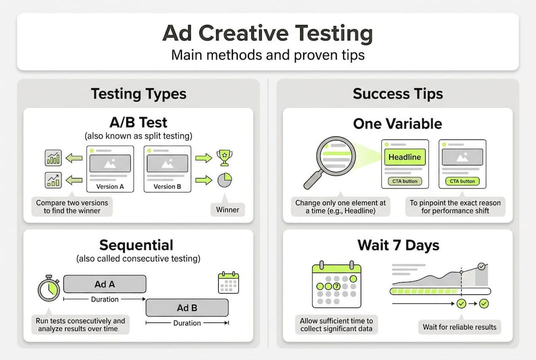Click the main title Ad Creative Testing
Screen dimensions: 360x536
pos(268,33)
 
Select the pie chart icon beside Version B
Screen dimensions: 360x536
pos(224,179)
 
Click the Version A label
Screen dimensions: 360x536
pos(110,186)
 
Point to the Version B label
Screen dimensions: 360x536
pos(167,186)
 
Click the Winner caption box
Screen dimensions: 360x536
pos(227,209)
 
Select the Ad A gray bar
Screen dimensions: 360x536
pos(104,284)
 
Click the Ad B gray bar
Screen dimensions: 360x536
pos(187,307)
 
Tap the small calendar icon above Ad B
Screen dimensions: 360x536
pos(228,282)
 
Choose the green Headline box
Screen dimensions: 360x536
pos(405,157)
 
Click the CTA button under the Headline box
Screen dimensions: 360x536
pos(405,181)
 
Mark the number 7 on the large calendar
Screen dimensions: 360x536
pos(337,286)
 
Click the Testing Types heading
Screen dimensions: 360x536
pos(138,94)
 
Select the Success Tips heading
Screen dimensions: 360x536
pos(398,94)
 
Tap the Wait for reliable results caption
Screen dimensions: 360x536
pos(460,327)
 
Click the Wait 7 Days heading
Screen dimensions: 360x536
pos(398,245)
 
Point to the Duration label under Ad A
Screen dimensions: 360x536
pos(104,299)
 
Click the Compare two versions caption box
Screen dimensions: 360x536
pos(71,206)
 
